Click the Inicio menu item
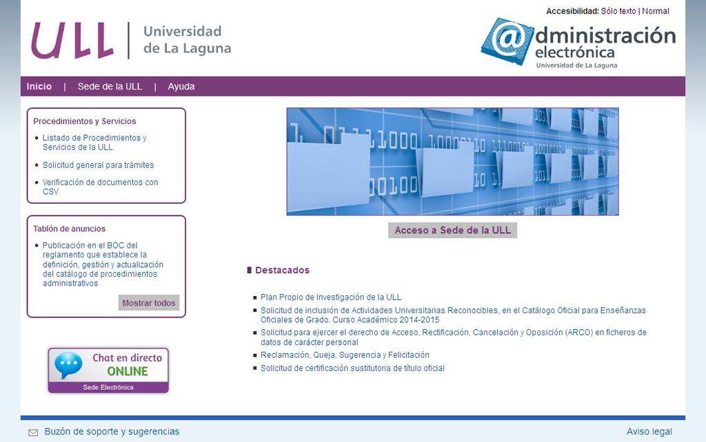pos(39,86)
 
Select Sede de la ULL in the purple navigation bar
pos(110,86)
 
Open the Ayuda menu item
pos(181,86)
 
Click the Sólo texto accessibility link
pos(618,11)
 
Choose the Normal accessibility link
pos(656,11)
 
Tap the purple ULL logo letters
pos(72,41)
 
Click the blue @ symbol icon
pos(508,41)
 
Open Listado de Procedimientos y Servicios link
pos(94,143)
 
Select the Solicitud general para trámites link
pos(98,165)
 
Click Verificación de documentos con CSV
pos(101,187)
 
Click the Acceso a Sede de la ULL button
pos(452,230)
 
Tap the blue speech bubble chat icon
pos(68,365)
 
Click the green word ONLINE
pos(128,371)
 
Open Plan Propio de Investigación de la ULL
pos(331,297)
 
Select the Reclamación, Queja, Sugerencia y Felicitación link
pos(345,355)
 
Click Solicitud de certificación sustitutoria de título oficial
pos(352,368)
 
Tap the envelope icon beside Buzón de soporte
pos(33,432)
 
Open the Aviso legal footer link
pos(649,432)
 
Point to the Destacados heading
pos(282,271)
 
